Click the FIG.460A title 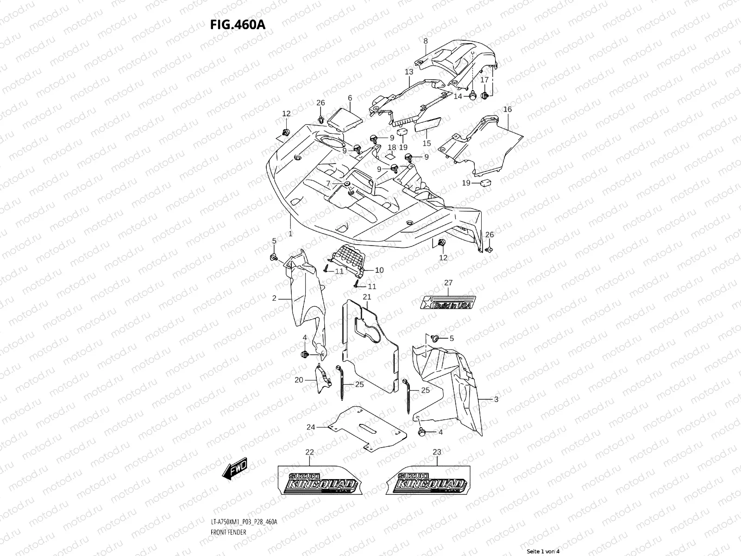pyautogui.click(x=238, y=25)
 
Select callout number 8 pyautogui.click(x=425, y=42)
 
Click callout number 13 pyautogui.click(x=409, y=72)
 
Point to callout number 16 pyautogui.click(x=508, y=109)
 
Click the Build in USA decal pyautogui.click(x=448, y=303)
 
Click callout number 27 pyautogui.click(x=448, y=283)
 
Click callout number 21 pyautogui.click(x=367, y=297)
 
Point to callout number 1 pyautogui.click(x=290, y=234)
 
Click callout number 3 pyautogui.click(x=496, y=399)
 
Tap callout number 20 pyautogui.click(x=299, y=380)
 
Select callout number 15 pyautogui.click(x=427, y=143)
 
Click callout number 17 pyautogui.click(x=484, y=80)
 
